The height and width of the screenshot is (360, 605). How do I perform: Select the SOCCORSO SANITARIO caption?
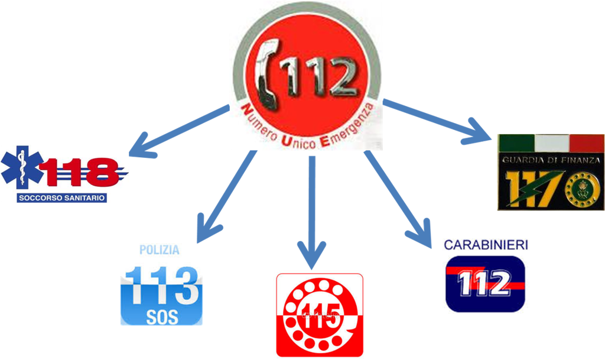[x=62, y=197]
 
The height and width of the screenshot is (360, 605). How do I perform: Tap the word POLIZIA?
[x=160, y=250]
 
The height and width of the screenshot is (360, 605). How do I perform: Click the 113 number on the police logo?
[x=161, y=285]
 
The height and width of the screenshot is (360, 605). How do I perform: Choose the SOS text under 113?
[x=161, y=316]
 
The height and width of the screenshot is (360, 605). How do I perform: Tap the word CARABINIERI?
[x=486, y=244]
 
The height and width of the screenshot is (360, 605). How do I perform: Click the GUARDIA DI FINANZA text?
[x=551, y=160]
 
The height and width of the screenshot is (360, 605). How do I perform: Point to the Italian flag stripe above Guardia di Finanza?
[x=551, y=142]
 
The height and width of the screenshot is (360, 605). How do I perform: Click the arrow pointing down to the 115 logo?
[x=312, y=207]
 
